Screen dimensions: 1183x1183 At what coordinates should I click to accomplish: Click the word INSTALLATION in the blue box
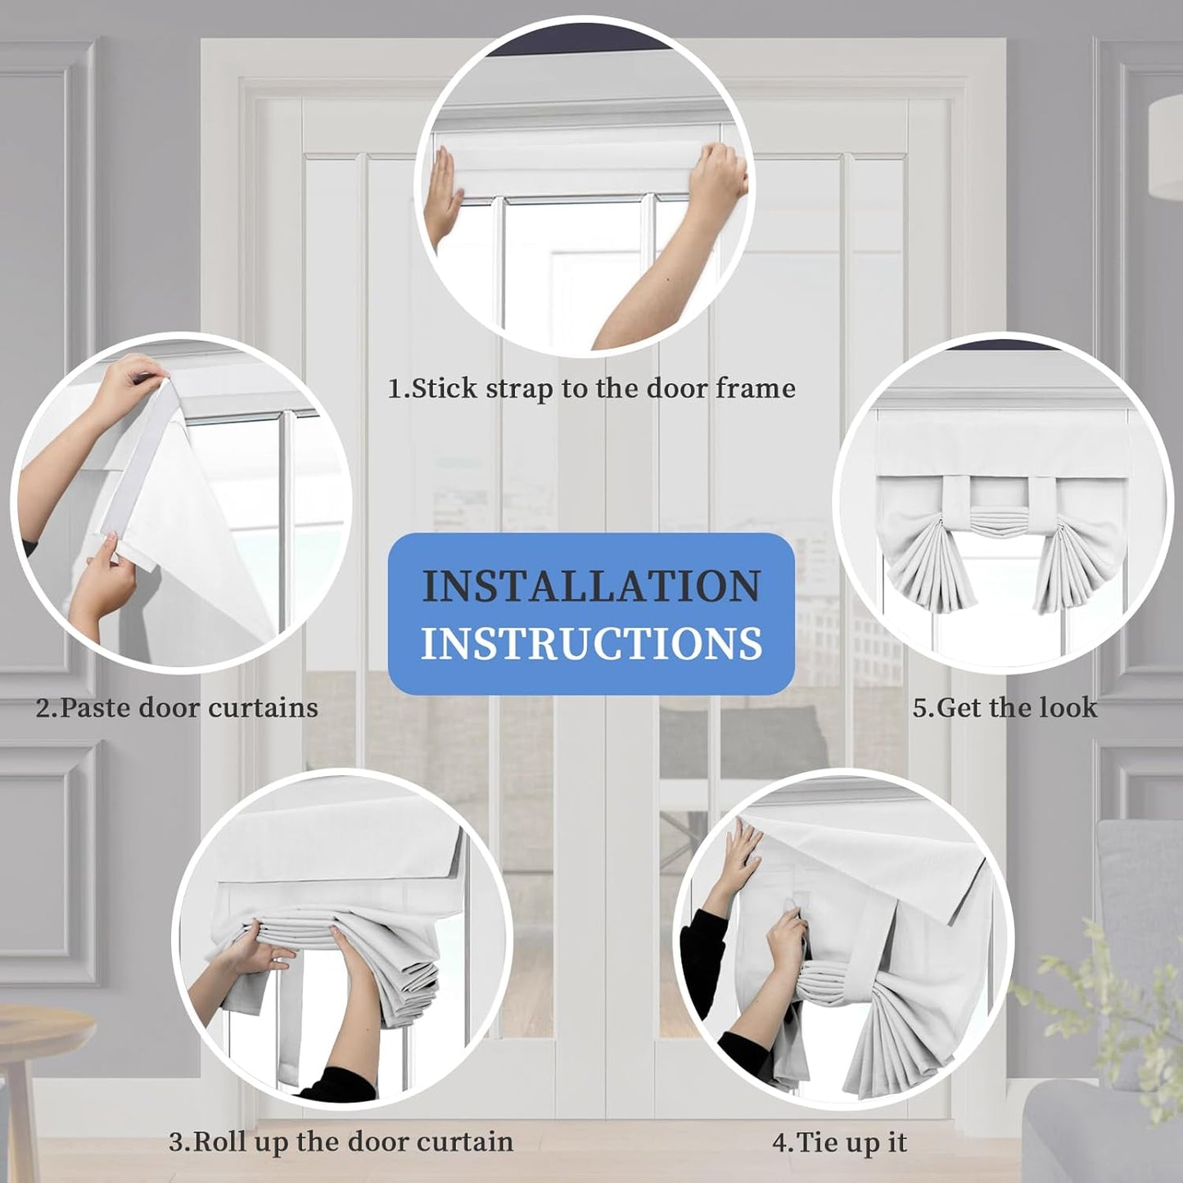[591, 586]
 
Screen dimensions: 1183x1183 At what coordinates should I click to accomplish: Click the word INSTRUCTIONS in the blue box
[591, 643]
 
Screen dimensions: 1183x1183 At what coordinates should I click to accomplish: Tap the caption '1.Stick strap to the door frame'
[591, 389]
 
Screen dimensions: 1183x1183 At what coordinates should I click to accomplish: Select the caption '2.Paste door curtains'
[177, 708]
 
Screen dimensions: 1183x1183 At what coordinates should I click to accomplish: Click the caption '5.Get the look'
[1005, 707]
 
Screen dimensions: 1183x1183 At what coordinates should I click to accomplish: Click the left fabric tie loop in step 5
[956, 507]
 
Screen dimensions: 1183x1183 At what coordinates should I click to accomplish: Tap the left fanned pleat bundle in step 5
[925, 569]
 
